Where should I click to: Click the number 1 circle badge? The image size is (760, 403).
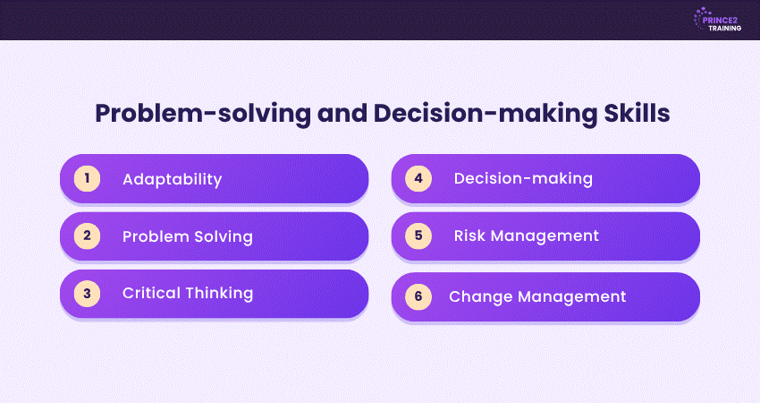[88, 179]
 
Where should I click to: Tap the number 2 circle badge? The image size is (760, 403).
[88, 236]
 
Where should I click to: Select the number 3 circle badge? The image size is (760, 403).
[88, 293]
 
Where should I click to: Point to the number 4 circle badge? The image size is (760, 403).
[418, 178]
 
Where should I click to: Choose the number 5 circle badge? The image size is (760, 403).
[418, 236]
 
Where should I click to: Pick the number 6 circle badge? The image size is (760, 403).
[418, 296]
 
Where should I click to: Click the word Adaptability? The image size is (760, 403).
[172, 180]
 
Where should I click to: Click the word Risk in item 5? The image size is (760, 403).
[469, 236]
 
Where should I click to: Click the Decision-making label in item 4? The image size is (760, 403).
[523, 179]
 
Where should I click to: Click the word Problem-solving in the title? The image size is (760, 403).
[203, 114]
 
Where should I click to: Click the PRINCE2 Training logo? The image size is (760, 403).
[717, 20]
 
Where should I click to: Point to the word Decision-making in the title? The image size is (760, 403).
[485, 114]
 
